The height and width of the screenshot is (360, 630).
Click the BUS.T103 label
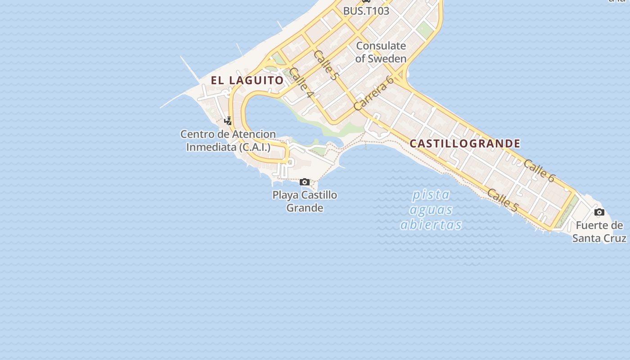tap(366, 11)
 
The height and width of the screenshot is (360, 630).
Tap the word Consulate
tap(381, 46)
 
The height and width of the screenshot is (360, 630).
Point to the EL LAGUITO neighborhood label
tap(247, 81)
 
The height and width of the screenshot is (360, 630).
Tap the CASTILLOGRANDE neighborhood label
tap(465, 144)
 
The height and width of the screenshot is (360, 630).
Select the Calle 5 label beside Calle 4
tap(325, 66)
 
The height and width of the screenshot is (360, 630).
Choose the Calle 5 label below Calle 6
tap(503, 200)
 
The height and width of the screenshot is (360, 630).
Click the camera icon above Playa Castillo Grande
tap(305, 182)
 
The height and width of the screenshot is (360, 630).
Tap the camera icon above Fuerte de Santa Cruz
tap(599, 212)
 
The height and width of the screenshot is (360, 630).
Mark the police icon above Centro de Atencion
tap(228, 121)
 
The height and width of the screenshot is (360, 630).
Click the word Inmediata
tap(211, 147)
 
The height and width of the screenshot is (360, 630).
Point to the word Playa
tap(285, 195)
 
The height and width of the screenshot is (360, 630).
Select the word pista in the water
tap(431, 195)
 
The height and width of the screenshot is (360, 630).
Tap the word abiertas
tap(431, 225)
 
